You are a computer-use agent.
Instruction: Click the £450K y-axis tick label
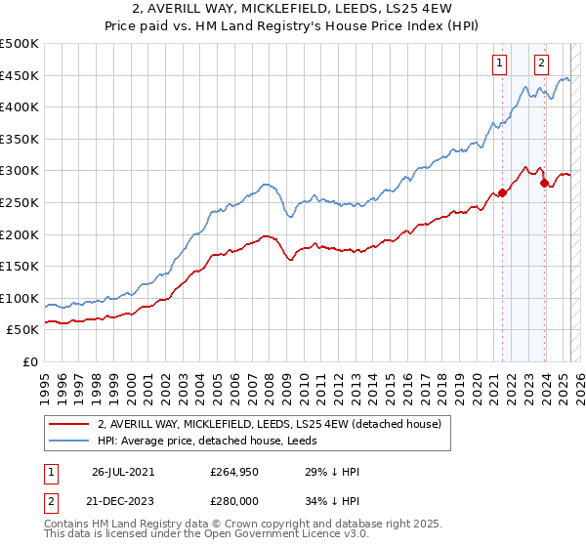[20, 75]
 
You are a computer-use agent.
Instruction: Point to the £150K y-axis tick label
[20, 266]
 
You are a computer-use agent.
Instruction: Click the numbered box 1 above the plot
[499, 63]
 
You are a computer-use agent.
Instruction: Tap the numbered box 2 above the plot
[541, 63]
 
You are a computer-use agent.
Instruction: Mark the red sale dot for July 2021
[502, 192]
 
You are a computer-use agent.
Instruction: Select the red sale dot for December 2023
[544, 183]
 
